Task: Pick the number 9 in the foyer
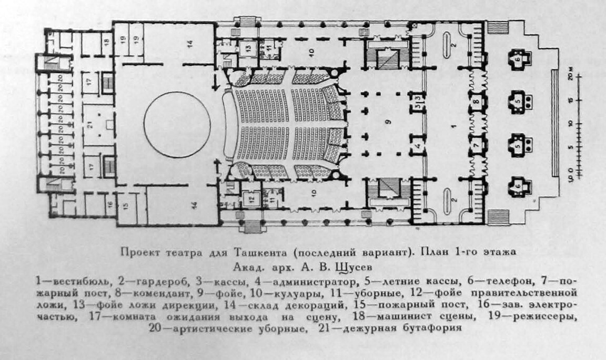point(389,122)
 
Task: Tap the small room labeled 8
point(476,101)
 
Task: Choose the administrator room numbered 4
point(418,145)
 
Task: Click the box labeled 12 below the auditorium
point(251,199)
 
